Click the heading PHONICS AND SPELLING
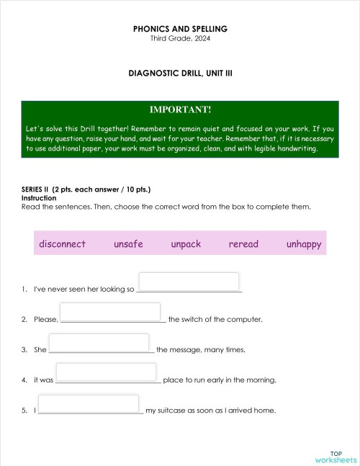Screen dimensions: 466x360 click(180, 29)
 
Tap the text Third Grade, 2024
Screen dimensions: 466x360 click(180, 38)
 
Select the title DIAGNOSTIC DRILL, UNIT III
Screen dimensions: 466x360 click(180, 73)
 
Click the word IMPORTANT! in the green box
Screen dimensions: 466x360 click(180, 109)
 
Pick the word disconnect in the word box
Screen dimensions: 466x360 click(63, 243)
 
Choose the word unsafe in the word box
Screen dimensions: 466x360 click(128, 243)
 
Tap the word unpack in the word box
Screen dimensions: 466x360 click(186, 243)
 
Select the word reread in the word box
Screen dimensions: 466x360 click(243, 243)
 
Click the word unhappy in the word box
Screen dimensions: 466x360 click(303, 243)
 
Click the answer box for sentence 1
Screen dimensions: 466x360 click(189, 282)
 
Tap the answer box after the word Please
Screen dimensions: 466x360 click(110, 312)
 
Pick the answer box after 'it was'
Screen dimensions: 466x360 click(107, 372)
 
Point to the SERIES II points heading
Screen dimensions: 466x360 click(86, 189)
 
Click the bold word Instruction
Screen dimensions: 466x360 click(39, 198)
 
